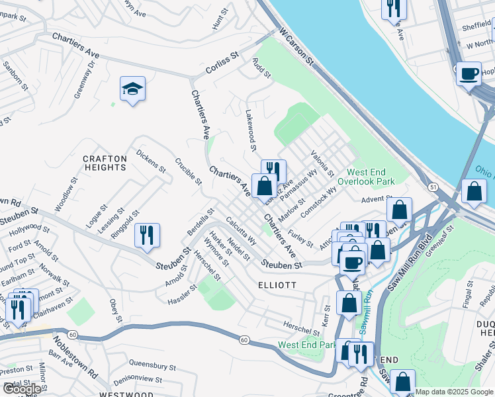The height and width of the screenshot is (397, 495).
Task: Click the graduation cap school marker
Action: coord(132,90)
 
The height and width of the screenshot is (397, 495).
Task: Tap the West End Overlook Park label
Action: coord(366,177)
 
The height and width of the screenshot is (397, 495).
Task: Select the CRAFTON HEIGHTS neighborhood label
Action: coord(105,163)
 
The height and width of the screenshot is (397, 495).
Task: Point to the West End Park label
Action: coord(307,345)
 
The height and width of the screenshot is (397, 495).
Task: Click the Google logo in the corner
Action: coord(22,389)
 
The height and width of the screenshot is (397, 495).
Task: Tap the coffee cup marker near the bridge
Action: coord(469,73)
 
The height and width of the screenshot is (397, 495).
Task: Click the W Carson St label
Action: coord(296,46)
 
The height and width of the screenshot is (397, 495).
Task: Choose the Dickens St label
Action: coord(151,160)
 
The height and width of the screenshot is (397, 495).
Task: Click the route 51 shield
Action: coord(433,188)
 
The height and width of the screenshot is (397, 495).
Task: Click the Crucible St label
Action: coord(188,171)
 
